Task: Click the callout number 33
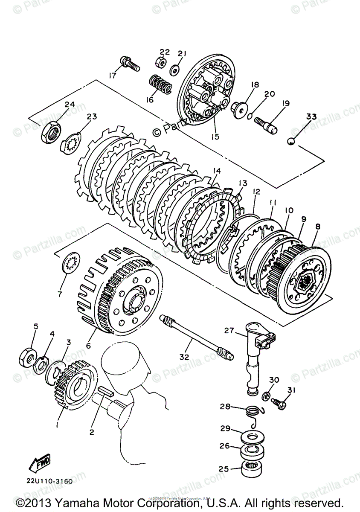[311, 116]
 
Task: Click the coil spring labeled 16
[161, 84]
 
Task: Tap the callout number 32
[184, 357]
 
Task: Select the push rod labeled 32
[196, 335]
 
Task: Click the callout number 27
[229, 329]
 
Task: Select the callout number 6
[88, 346]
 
